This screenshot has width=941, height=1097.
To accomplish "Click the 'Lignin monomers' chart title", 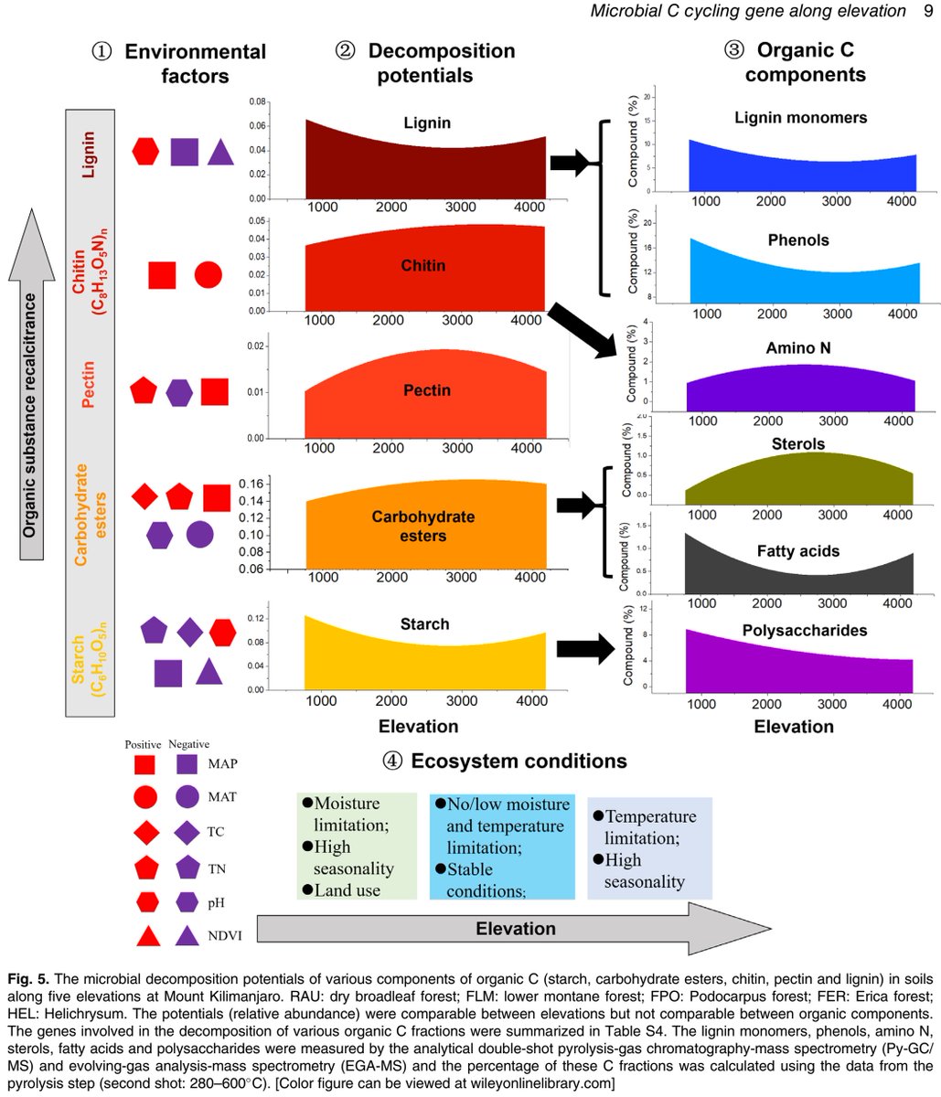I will click(800, 118).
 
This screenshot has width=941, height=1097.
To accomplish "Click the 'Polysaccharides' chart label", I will click(799, 631).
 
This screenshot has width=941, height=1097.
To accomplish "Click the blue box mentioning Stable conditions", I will click(501, 847).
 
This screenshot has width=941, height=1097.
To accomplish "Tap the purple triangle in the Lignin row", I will click(220, 152).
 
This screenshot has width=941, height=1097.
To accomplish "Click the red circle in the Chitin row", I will click(208, 274).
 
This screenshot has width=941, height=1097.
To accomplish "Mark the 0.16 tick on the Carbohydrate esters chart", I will click(252, 485).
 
